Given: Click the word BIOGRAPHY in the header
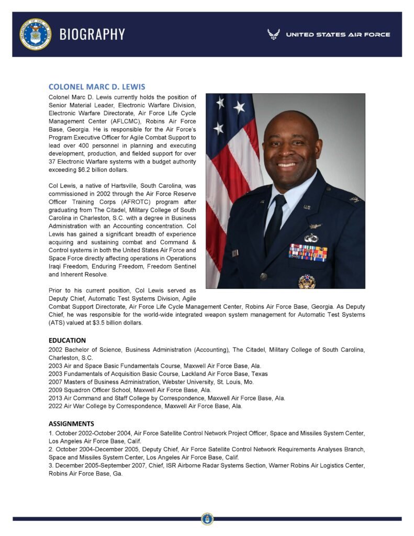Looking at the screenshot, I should pos(92,34).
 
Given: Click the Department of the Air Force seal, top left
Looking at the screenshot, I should pos(36,34).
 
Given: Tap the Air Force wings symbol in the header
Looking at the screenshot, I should pos(273,35).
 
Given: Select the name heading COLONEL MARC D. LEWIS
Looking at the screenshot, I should pos(97,86).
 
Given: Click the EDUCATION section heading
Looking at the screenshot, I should pos(67,340).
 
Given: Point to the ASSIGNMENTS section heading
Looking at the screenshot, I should pos(71,423).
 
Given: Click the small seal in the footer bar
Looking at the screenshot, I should pos(207,519).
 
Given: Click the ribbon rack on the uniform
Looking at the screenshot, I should pos(308,252).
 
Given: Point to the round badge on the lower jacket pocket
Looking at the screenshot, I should pos(307,281).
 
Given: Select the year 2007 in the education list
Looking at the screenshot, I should pos(55,382).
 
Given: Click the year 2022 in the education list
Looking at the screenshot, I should pos(55,406).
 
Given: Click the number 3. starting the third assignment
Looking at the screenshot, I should pos(51,465).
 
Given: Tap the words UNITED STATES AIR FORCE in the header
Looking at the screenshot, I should pos(338,35).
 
